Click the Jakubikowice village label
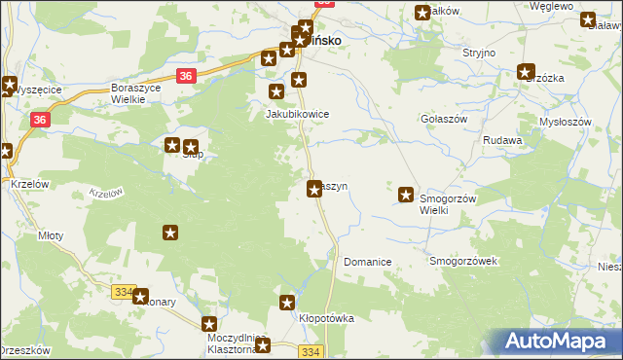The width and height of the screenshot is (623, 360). (298, 114)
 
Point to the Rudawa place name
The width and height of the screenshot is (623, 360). (502, 140)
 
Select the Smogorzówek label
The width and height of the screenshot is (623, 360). (463, 262)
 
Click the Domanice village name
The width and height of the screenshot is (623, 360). (367, 263)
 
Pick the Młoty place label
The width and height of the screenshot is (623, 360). (50, 235)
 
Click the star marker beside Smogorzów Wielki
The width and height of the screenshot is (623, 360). (407, 195)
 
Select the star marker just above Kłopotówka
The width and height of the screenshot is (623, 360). (288, 302)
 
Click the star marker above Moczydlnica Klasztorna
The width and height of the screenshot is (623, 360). (208, 324)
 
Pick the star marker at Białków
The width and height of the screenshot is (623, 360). (422, 13)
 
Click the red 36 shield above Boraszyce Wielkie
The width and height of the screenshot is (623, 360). (187, 76)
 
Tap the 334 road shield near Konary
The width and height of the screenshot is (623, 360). (123, 291)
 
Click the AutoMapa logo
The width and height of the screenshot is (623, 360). (558, 342)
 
